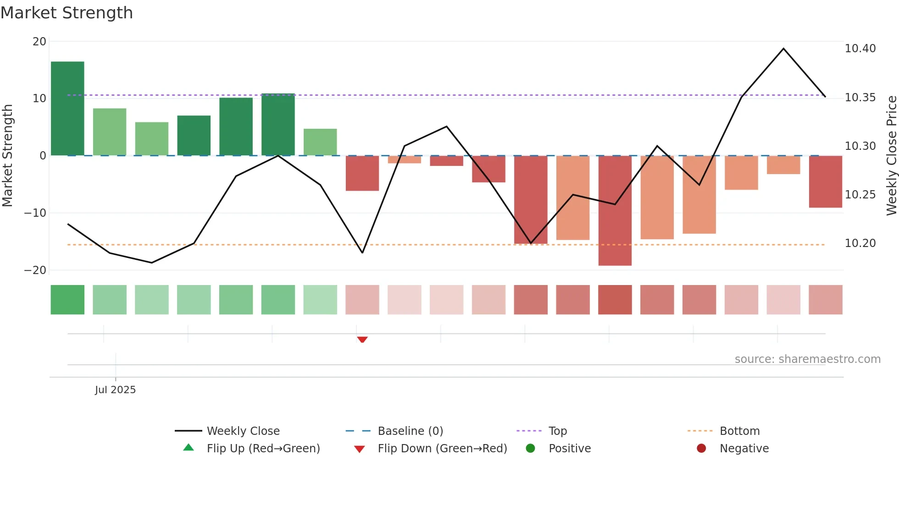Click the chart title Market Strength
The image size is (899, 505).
(67, 13)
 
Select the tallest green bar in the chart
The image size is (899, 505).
(67, 108)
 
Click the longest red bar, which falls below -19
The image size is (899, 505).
(615, 210)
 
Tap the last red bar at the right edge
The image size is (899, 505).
(825, 181)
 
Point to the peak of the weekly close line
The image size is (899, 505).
(783, 49)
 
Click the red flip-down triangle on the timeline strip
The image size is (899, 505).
(362, 340)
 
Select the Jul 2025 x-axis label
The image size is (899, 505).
(115, 390)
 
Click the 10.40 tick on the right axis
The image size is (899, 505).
(860, 49)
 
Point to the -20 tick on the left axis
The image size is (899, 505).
(35, 270)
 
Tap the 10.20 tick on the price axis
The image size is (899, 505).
(860, 243)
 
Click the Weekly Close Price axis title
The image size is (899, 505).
(891, 155)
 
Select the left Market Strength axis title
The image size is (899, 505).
(7, 155)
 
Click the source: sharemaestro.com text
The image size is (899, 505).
(807, 359)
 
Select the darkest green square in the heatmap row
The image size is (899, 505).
(67, 300)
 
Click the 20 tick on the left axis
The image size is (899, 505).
(39, 42)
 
